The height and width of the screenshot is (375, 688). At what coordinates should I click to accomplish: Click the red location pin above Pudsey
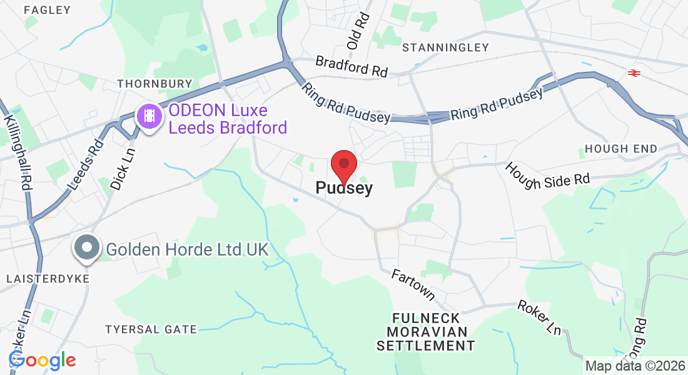click(343, 164)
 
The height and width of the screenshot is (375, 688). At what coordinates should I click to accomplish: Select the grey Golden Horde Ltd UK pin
click(88, 247)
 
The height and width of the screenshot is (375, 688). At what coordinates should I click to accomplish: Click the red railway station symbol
click(634, 73)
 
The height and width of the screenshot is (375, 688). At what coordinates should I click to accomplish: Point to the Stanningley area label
click(445, 47)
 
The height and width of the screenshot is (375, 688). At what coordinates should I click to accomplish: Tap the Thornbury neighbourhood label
click(154, 83)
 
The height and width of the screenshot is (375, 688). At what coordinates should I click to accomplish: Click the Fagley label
click(47, 10)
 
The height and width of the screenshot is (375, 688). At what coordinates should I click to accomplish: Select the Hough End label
click(620, 149)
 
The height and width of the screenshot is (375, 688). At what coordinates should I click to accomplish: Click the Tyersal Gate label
click(151, 329)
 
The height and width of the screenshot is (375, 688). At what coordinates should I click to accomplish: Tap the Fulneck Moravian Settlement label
click(425, 331)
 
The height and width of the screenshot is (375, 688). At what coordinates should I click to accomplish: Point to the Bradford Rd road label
click(352, 66)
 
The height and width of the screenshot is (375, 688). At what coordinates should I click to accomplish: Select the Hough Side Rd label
click(547, 175)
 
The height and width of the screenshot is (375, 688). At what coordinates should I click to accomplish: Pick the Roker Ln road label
click(539, 317)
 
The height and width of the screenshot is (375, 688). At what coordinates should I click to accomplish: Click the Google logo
click(42, 360)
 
